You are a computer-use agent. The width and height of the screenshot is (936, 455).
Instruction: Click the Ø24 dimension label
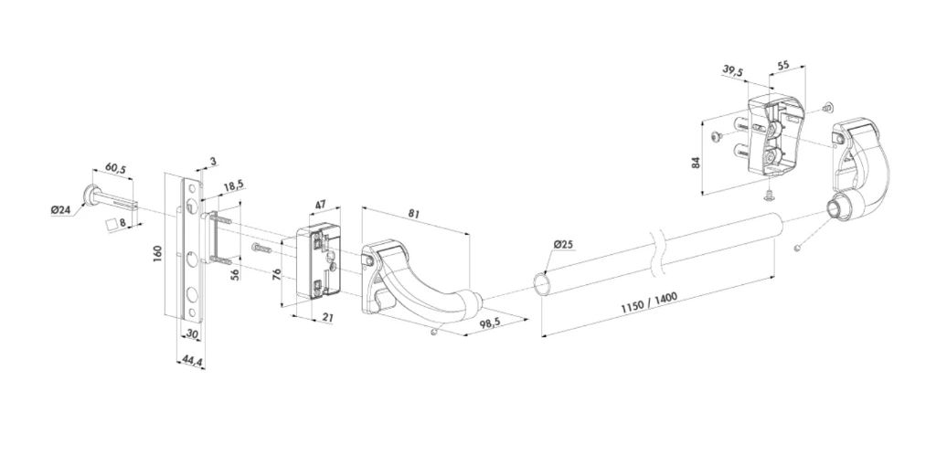[61, 210]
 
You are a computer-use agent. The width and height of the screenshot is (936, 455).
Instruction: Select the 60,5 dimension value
[116, 169]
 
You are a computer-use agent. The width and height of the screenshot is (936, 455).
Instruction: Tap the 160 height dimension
[157, 253]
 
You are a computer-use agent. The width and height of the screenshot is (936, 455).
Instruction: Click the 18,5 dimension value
[233, 186]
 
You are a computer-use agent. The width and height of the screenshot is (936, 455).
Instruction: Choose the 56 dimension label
[235, 274]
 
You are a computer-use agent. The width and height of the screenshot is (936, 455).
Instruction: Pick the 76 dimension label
[276, 276]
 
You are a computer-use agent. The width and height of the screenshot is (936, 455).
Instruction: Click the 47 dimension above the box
[321, 205]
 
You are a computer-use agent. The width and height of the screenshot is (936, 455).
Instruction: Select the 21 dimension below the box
[327, 318]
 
